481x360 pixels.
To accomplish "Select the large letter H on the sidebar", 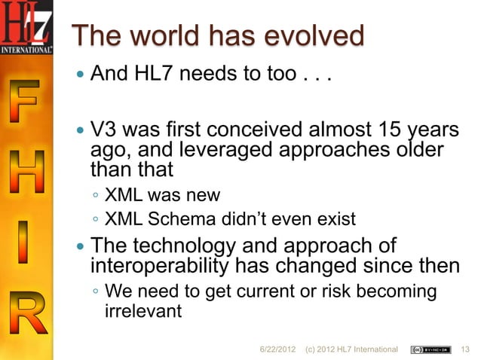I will [28, 175].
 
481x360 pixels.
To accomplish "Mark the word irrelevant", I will [142, 310].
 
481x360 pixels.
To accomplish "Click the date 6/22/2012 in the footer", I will [280, 349].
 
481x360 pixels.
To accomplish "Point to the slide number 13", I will [465, 349].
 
